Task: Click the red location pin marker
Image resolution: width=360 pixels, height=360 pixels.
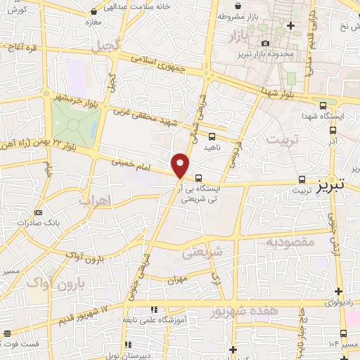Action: pos(181,165)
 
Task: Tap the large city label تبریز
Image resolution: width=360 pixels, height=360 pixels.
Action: pos(330,187)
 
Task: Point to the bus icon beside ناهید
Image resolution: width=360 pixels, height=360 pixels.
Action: pos(212,136)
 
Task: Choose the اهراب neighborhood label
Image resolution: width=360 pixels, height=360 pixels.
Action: pos(96,201)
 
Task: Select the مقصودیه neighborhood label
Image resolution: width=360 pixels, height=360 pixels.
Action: pos(288,243)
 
